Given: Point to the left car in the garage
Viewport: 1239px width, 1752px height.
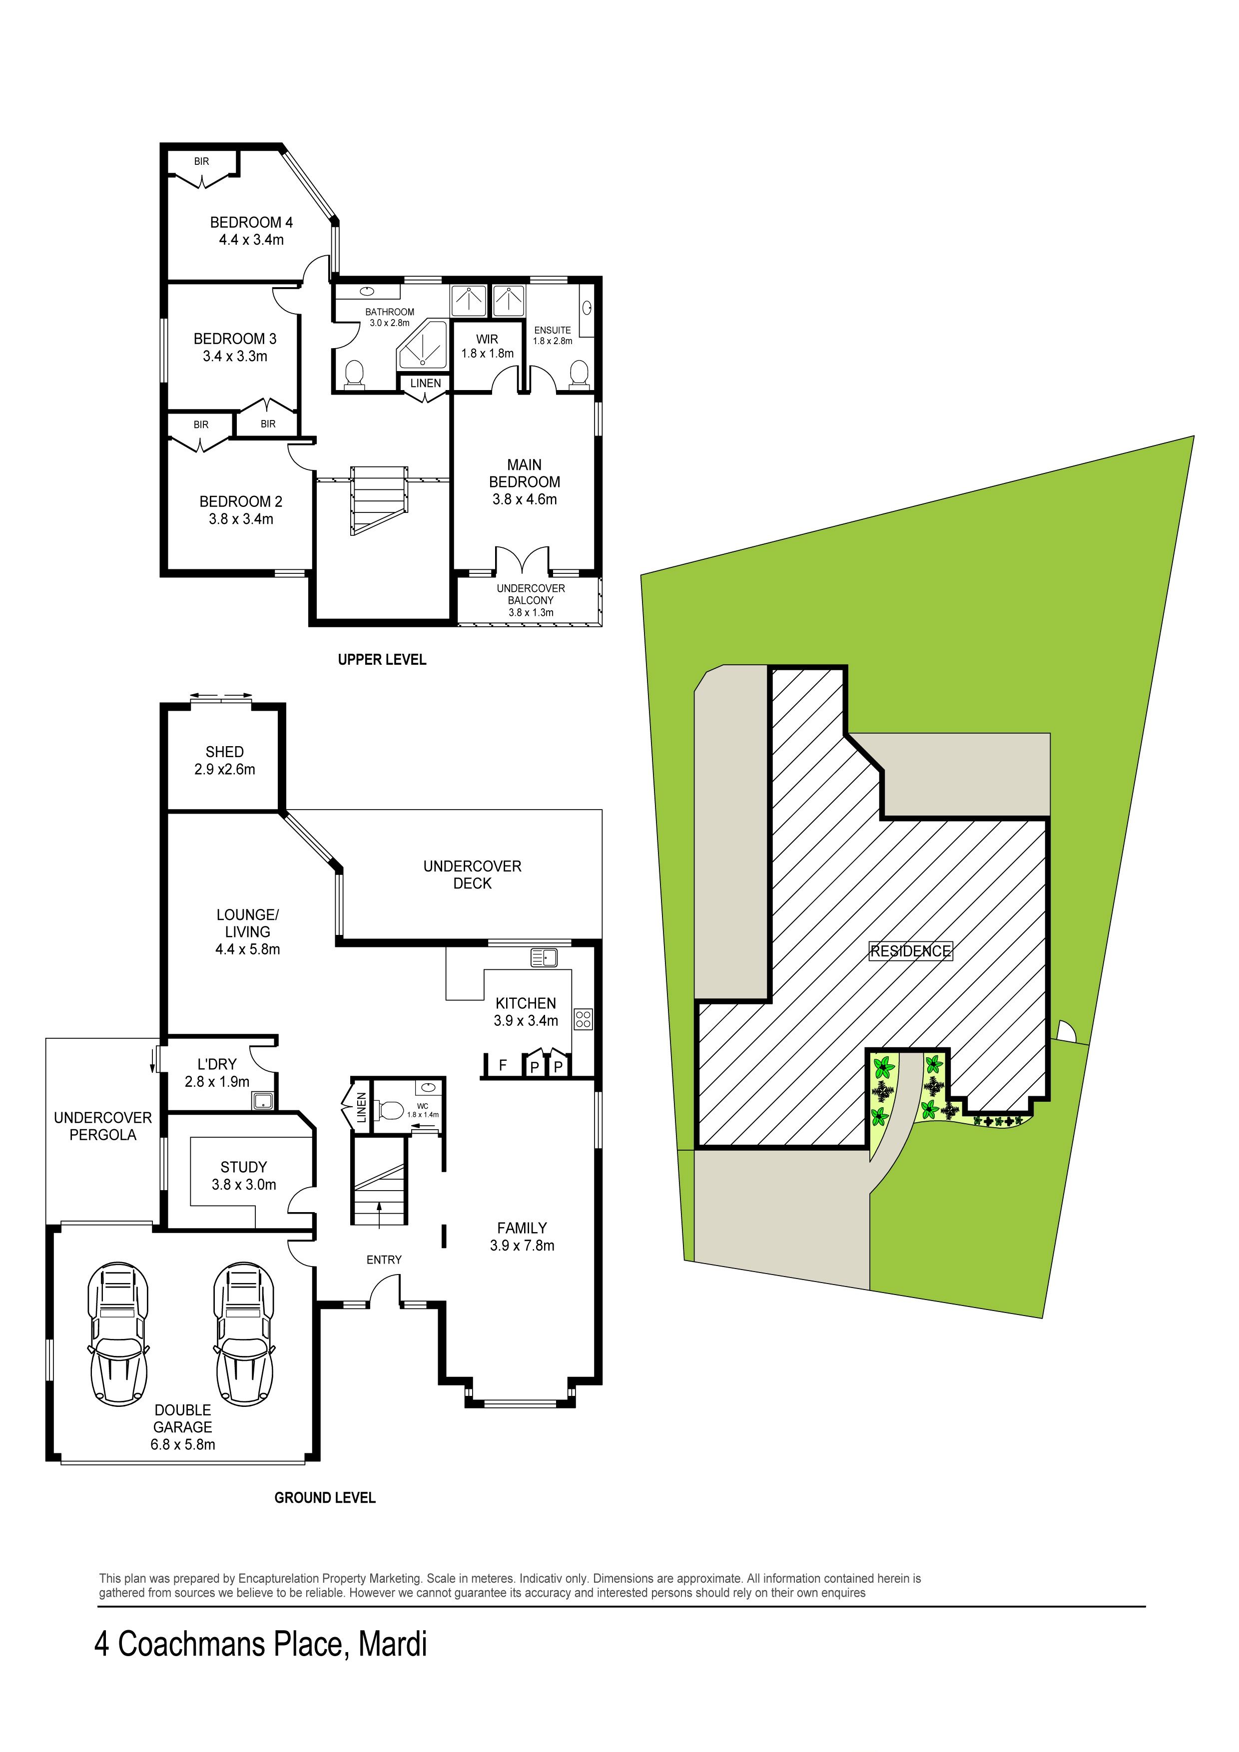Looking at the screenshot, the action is click(118, 1334).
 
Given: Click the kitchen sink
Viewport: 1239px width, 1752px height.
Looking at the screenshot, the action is click(545, 957).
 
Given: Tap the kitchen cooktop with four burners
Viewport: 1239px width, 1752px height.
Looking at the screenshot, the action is click(583, 1019).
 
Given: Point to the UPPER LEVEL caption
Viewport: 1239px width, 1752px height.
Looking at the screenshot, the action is click(382, 659).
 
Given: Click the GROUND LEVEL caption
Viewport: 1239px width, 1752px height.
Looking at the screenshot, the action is click(325, 1498).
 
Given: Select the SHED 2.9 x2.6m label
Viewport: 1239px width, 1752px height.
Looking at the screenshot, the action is click(224, 761).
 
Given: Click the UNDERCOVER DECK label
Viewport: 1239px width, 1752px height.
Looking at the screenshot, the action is click(473, 875).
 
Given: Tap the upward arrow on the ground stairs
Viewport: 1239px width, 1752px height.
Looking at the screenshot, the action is click(379, 1214).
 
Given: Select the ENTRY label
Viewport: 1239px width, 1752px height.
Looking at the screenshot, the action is click(384, 1260).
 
